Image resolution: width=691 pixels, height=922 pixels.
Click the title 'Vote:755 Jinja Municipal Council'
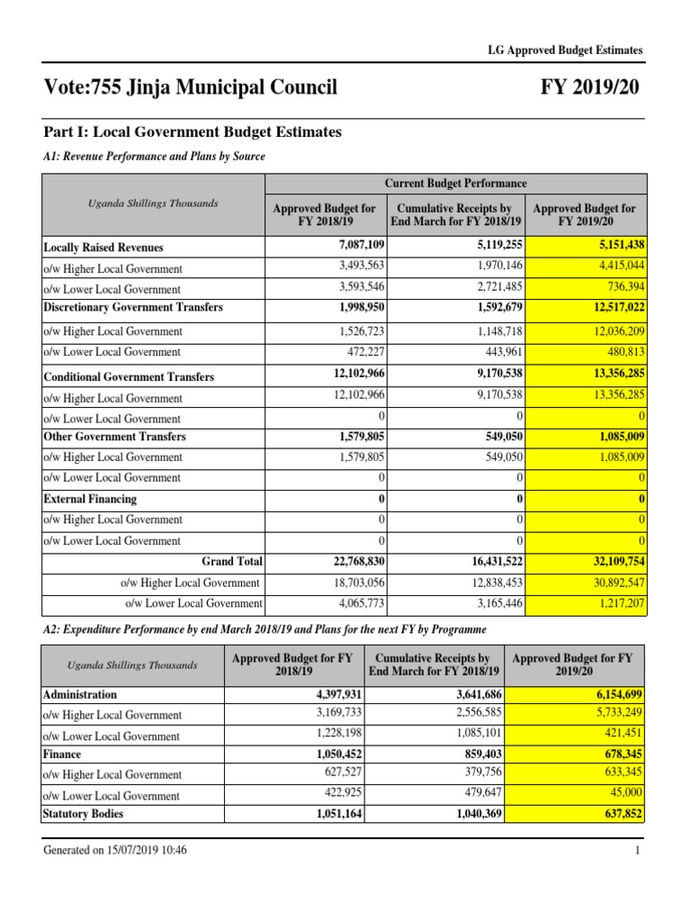[190, 88]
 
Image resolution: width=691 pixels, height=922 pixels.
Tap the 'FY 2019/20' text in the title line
[590, 88]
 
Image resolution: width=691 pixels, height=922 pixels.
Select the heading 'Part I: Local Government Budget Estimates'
[193, 132]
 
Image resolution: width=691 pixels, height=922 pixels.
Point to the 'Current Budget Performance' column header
[455, 183]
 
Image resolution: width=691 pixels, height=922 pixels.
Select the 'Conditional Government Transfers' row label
[129, 377]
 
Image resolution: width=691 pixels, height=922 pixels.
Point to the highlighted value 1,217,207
[619, 603]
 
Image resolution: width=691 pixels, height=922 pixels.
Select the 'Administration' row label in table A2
[80, 694]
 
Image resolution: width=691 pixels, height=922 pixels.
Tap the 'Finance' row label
[62, 755]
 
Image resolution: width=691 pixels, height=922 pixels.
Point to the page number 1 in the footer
[637, 851]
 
